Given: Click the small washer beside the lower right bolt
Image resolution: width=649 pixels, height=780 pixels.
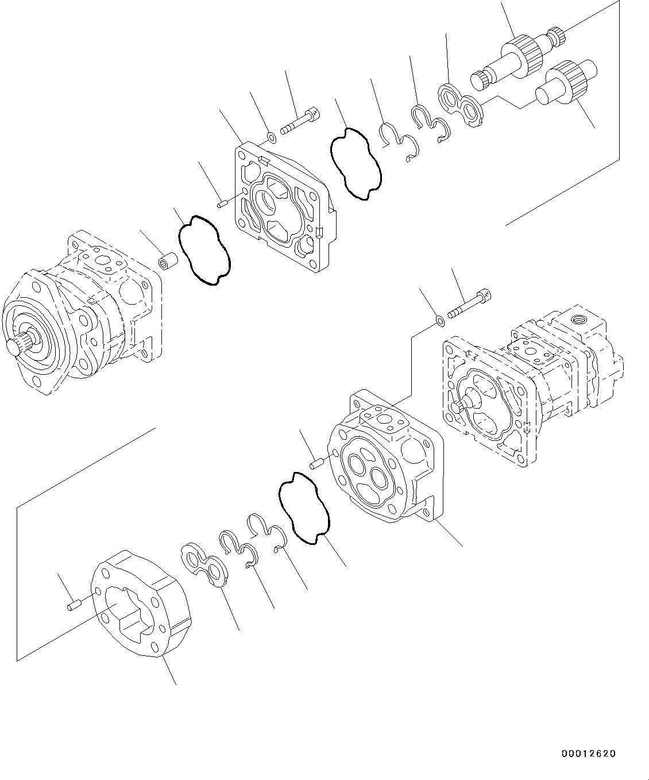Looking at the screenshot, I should click(439, 320).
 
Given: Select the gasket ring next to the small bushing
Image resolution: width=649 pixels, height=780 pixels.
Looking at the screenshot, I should click(205, 251).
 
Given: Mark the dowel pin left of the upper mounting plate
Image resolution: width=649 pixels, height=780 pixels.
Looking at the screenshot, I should click(223, 202).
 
